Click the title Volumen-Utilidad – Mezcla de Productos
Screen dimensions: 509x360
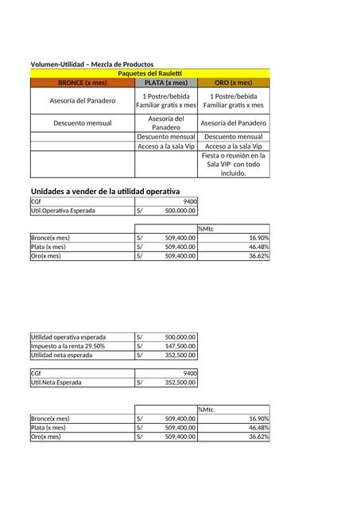(92, 64)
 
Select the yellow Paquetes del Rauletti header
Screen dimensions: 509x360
(150, 73)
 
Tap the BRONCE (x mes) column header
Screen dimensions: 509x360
(83, 82)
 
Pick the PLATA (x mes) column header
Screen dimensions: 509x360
(166, 82)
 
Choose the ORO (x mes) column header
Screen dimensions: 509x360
(234, 82)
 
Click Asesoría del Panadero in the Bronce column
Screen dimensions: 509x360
(83, 100)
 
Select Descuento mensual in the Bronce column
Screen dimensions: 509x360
(83, 123)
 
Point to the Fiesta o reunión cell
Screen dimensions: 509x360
(234, 164)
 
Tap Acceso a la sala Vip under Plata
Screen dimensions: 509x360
(166, 146)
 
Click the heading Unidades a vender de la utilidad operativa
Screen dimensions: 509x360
(106, 192)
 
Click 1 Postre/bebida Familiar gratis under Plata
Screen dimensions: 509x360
(166, 100)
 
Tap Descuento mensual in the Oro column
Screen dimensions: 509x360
(234, 137)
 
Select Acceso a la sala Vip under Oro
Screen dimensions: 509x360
(234, 146)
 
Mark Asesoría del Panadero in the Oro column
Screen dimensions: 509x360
(234, 123)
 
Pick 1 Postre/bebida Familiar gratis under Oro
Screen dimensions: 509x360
(234, 100)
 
